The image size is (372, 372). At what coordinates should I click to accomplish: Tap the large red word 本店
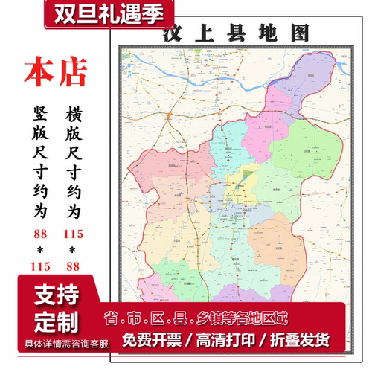pos(55,72)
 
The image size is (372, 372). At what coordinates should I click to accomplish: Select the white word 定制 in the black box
pos(56,324)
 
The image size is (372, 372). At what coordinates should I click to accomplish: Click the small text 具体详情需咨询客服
pos(56,343)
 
